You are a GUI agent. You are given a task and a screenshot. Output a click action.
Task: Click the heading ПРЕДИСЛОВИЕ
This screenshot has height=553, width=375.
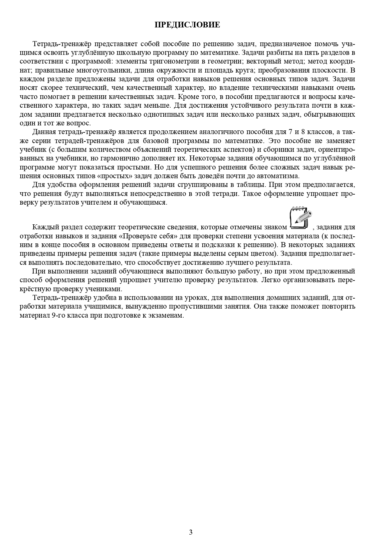click(187, 25)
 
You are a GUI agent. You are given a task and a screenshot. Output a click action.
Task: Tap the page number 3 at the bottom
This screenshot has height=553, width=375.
click(191, 532)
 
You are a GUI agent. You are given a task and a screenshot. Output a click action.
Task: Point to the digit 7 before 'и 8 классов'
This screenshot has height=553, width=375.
click(286, 132)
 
